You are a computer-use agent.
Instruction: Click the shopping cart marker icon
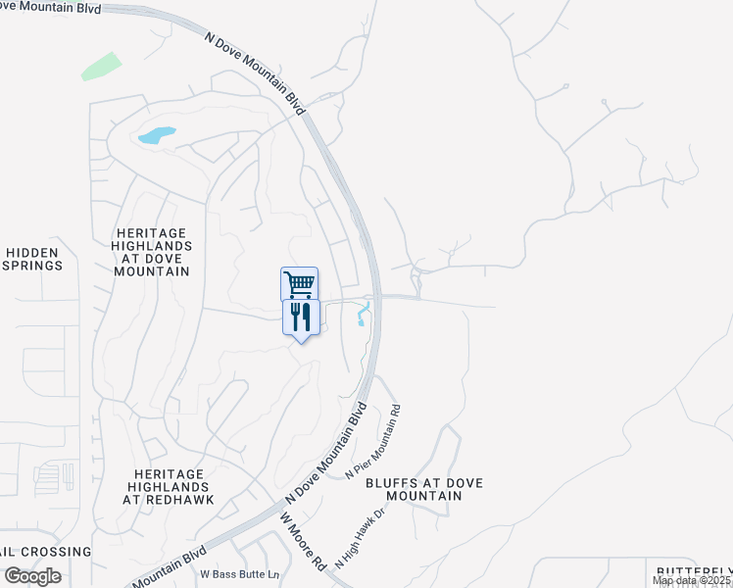tap(299, 284)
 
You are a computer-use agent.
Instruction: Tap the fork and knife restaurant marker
tap(301, 317)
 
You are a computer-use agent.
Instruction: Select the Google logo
tap(32, 576)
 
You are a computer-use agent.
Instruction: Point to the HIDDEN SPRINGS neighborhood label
tap(32, 259)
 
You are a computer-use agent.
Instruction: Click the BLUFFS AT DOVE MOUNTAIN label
tap(411, 489)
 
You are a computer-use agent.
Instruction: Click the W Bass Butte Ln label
tap(239, 573)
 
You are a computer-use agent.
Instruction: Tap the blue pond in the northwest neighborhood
tap(157, 135)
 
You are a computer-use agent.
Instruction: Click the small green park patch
tap(101, 67)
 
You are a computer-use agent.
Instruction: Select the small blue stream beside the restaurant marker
tap(363, 315)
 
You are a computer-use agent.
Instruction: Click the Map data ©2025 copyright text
tap(692, 581)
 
